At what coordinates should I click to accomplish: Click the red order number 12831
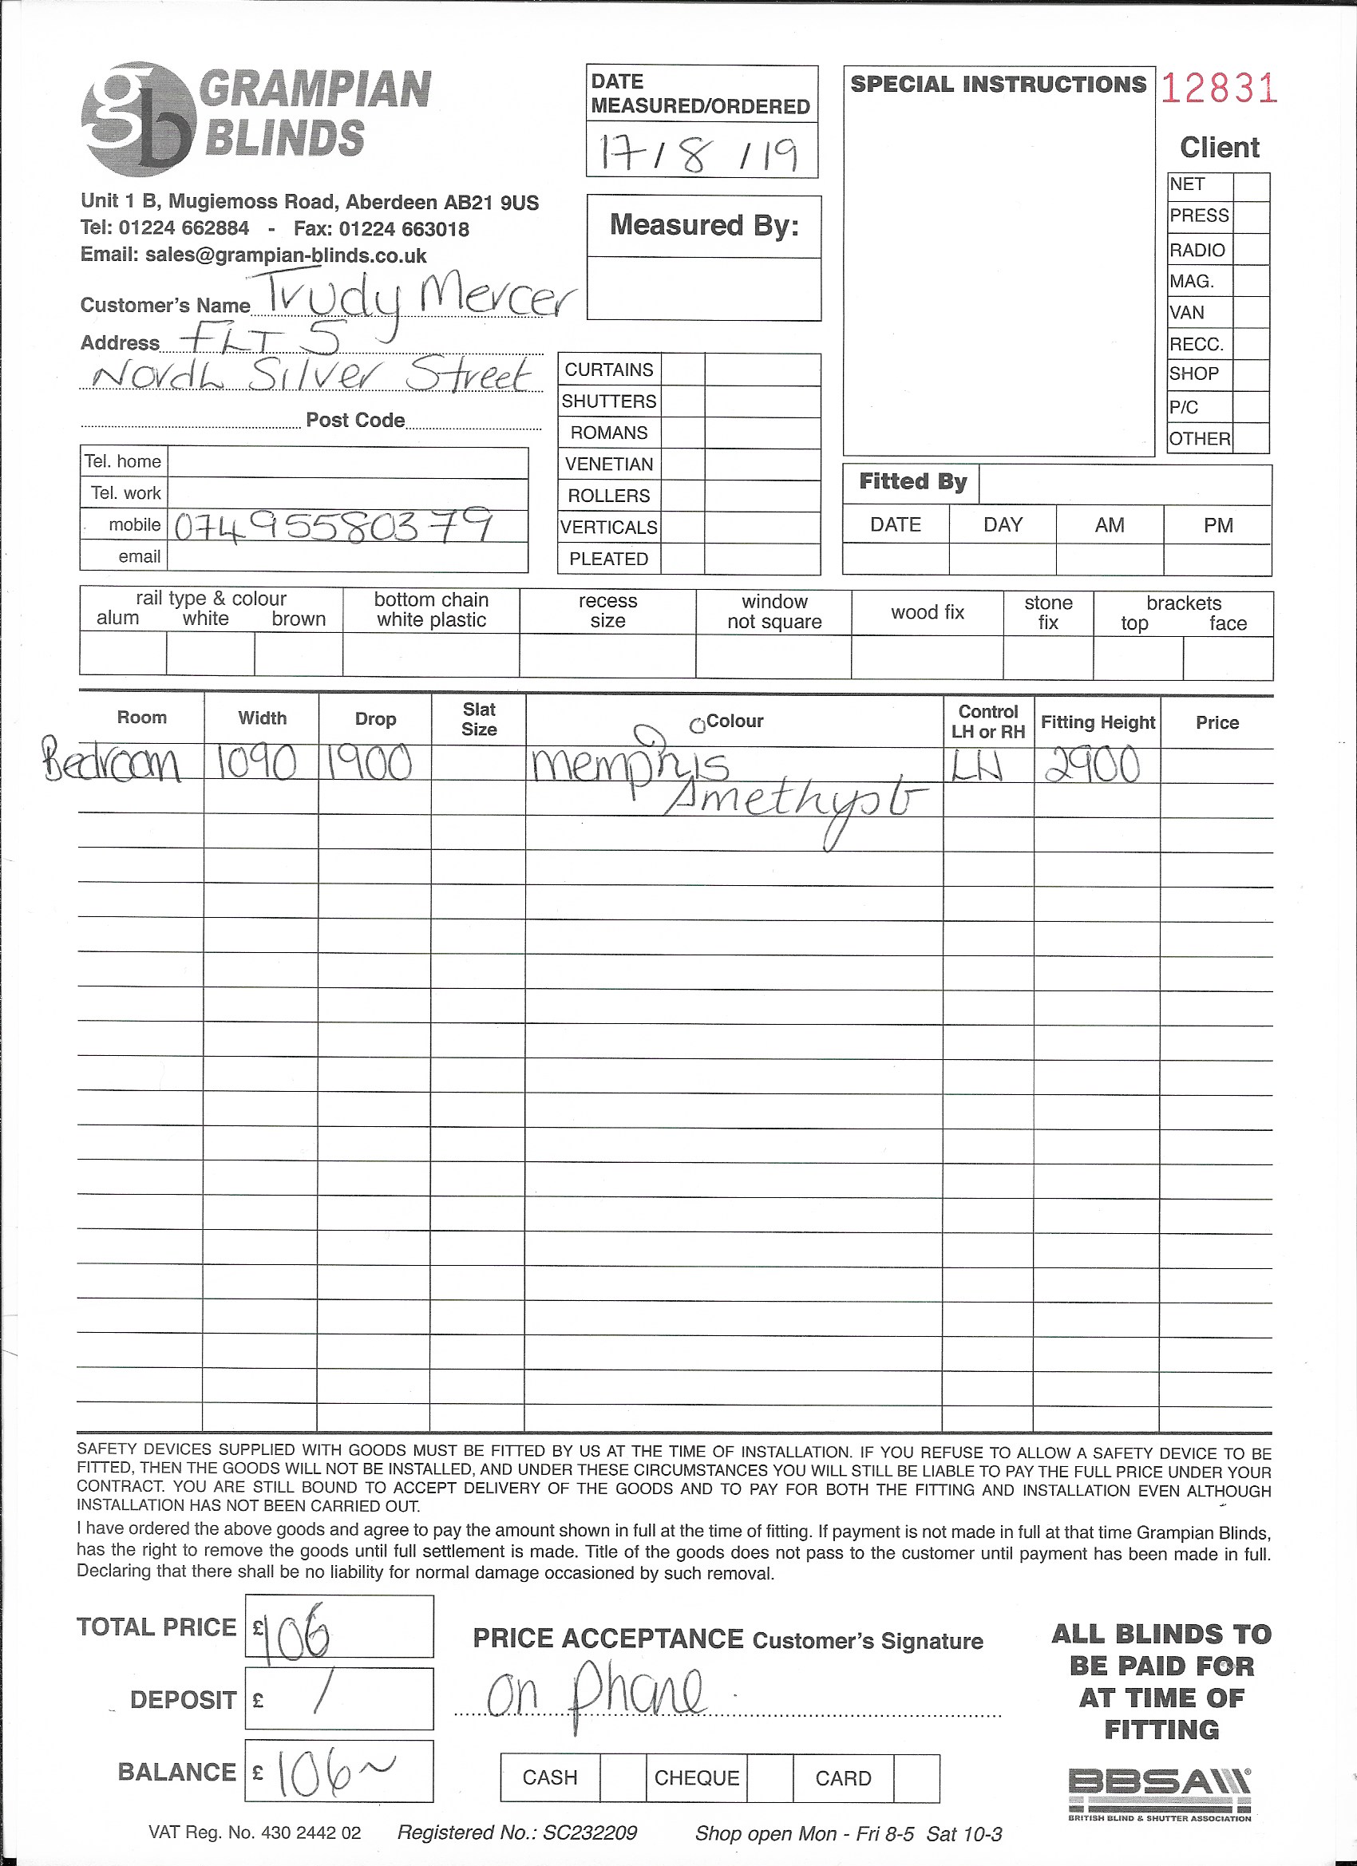click(x=1219, y=89)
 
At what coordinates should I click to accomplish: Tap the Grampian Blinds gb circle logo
click(x=137, y=119)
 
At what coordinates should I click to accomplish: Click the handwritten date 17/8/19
click(x=699, y=152)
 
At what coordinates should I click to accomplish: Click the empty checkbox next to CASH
click(x=623, y=1777)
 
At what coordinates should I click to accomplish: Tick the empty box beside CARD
click(x=916, y=1777)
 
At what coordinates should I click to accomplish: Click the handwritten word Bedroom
click(x=112, y=764)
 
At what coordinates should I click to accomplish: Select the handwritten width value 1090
click(x=257, y=765)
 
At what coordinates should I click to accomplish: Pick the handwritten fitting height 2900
click(x=1092, y=765)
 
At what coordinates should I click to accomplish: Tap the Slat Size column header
click(x=478, y=719)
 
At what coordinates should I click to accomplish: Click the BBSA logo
click(x=1160, y=1792)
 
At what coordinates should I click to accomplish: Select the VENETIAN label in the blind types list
click(x=609, y=464)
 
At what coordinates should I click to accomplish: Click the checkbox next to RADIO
click(x=1251, y=249)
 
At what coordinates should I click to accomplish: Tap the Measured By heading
click(x=704, y=225)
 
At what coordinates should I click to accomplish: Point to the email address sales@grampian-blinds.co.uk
click(x=285, y=255)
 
